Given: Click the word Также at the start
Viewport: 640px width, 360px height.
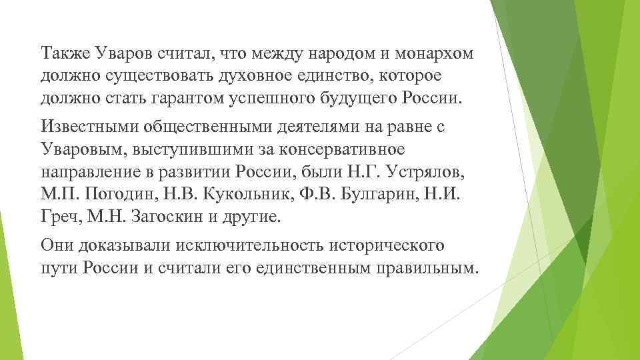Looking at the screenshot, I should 63,53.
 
